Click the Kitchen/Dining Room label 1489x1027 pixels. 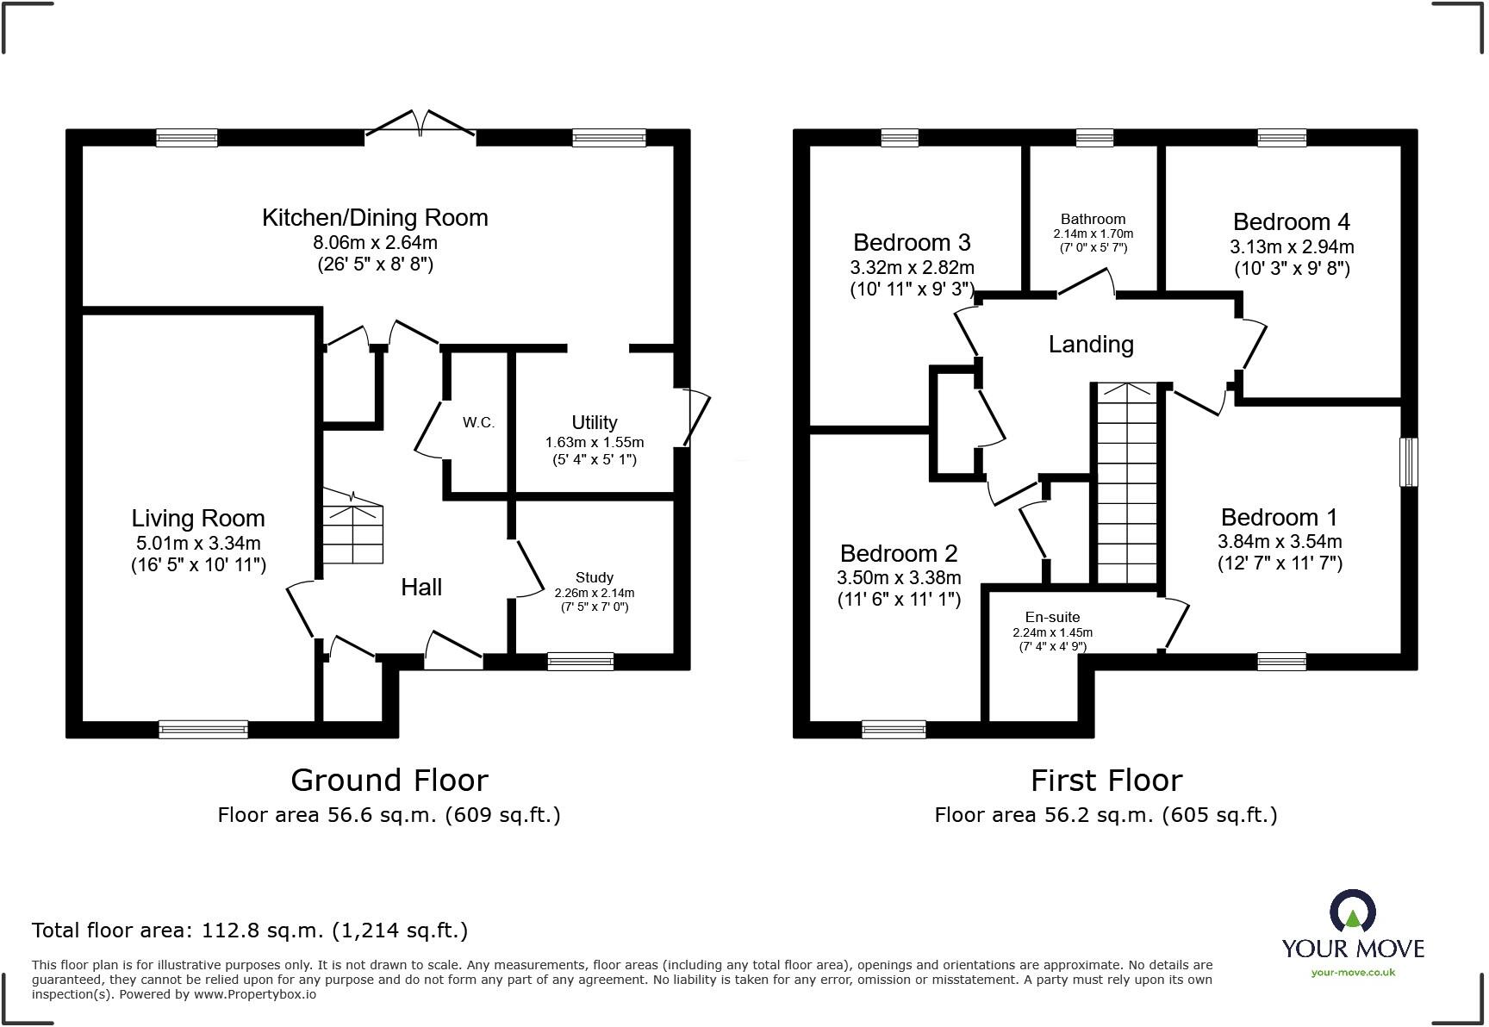click(x=375, y=217)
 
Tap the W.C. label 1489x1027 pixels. click(x=478, y=422)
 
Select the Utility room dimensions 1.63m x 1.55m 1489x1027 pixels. click(x=594, y=442)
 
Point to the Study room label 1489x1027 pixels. click(x=594, y=577)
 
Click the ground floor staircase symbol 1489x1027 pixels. click(x=353, y=532)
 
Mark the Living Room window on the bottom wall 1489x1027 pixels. click(x=203, y=729)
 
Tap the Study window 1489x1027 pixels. click(x=580, y=662)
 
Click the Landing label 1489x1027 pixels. click(x=1090, y=345)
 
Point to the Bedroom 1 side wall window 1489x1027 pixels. click(x=1408, y=462)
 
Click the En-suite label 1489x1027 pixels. click(x=1052, y=617)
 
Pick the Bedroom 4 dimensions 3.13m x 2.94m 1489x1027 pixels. click(x=1291, y=246)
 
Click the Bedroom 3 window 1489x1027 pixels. click(x=899, y=138)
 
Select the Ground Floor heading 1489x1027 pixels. click(x=389, y=780)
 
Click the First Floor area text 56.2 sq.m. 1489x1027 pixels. click(x=1106, y=815)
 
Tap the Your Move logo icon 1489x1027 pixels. click(x=1353, y=912)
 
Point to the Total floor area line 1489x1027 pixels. click(x=250, y=931)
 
